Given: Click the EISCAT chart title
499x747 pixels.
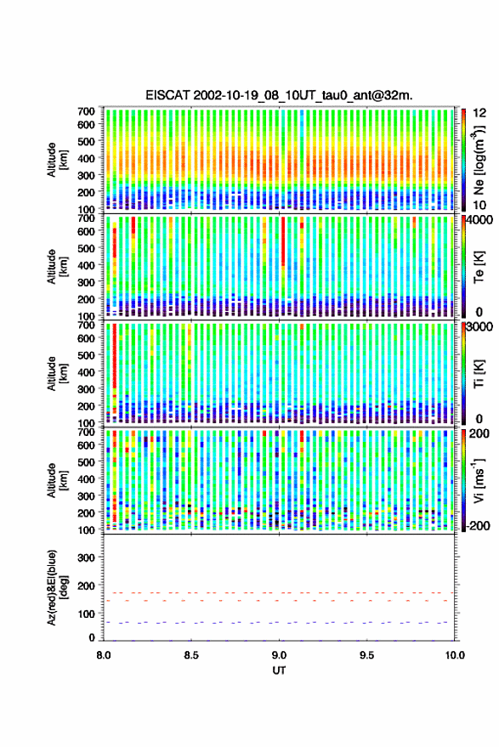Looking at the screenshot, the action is point(279,95).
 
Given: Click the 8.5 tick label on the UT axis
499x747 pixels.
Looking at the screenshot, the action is point(191,655).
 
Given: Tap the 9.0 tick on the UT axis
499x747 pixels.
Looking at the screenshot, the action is point(279,655).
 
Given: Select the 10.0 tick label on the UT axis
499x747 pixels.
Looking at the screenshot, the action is point(455,655).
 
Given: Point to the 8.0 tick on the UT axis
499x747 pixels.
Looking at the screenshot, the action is point(104,655).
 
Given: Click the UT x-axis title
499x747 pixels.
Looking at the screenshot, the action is point(279,671).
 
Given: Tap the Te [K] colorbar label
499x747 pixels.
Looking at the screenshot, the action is point(479,267).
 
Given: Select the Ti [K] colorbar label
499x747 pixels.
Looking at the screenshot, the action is point(479,374).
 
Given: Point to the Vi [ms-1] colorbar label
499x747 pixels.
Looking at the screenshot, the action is point(479,480).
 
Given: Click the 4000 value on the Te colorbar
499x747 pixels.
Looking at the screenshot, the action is point(479,221).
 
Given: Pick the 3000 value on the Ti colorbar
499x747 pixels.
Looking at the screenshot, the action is point(479,327).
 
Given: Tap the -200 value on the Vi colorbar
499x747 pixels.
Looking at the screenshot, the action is point(479,526).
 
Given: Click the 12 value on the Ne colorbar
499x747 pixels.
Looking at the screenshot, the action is point(479,113).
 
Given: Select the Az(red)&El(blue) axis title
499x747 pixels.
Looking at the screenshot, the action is point(56,588).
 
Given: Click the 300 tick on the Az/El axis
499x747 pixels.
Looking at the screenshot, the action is point(86,557).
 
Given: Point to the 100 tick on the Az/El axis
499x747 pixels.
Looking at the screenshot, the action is point(86,614).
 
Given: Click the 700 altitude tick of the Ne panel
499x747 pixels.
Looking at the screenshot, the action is point(86,111).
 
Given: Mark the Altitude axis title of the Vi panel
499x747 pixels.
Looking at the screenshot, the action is point(56,480).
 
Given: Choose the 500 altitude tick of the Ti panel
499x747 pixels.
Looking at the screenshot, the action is point(86,355).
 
